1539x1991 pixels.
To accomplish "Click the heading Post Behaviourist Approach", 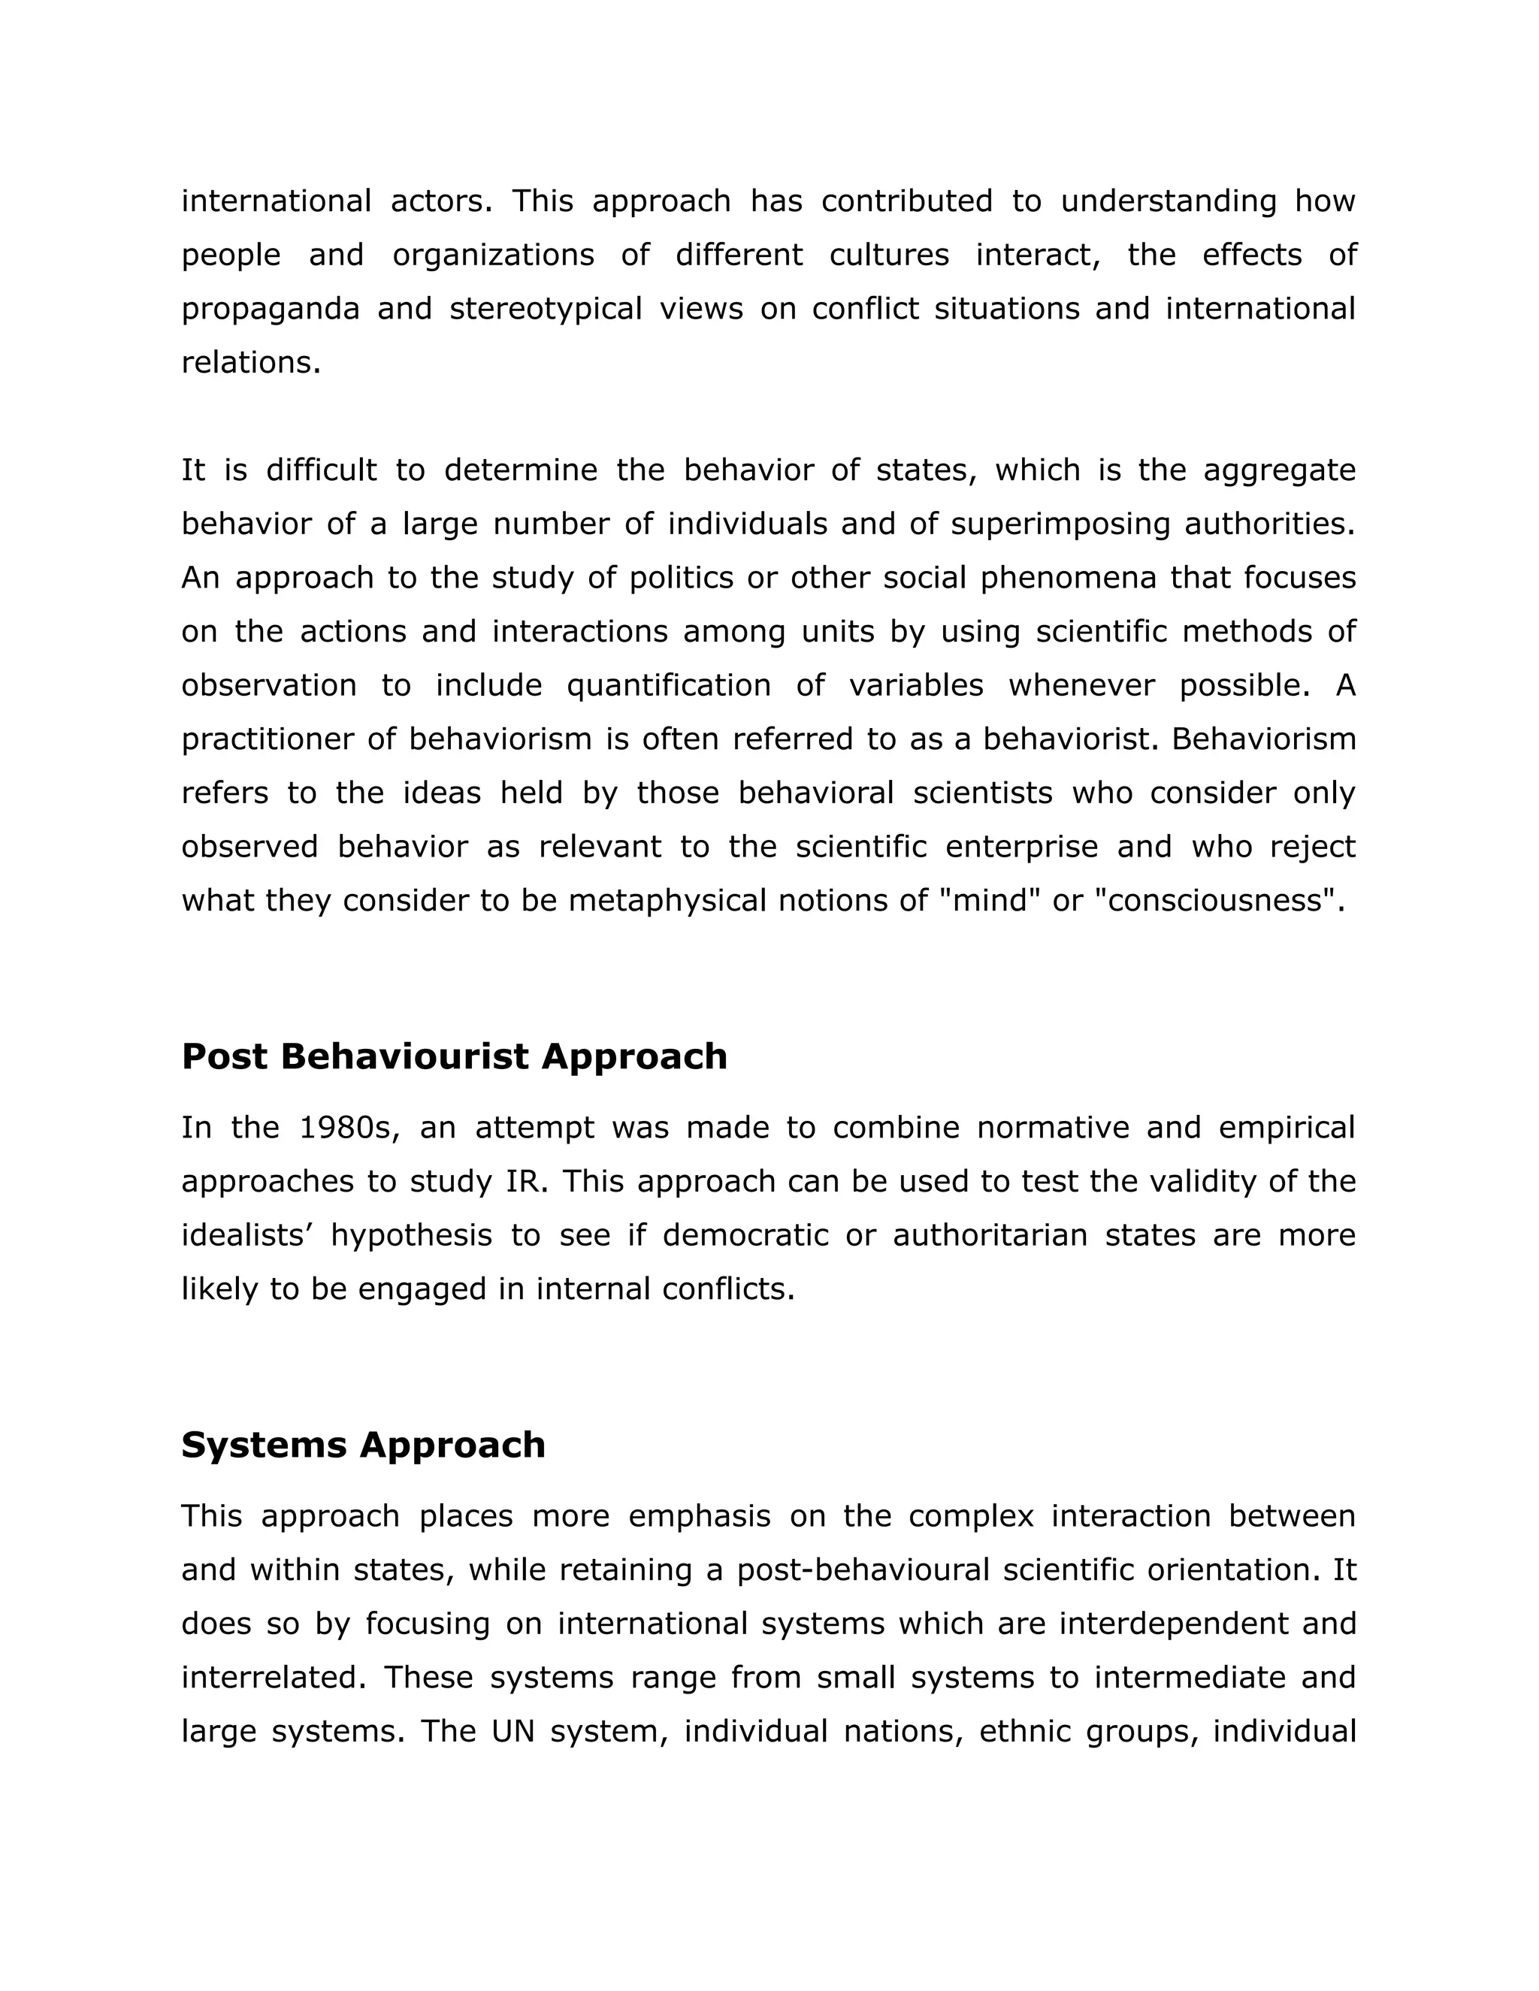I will (454, 1056).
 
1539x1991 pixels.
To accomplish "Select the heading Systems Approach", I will (363, 1445).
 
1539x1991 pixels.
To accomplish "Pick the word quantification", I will (668, 685).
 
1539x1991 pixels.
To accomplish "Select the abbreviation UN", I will (512, 1731).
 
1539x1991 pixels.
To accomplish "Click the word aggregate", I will (1279, 471).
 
